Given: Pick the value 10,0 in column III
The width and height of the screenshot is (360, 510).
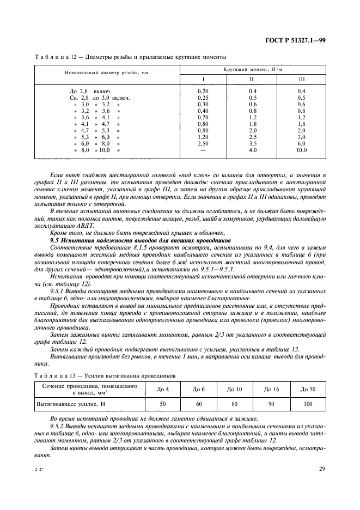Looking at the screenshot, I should [301, 150].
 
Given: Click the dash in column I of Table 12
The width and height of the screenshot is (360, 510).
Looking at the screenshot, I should [203, 150].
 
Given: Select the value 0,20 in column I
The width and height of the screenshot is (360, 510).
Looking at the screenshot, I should [203, 90].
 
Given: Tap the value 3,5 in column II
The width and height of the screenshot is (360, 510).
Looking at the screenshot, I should [253, 143].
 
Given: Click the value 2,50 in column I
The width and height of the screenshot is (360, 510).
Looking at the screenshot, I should [203, 143].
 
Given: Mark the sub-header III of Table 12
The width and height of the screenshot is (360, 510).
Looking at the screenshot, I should [301, 80].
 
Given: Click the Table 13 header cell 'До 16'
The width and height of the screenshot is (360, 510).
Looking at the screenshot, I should [271, 389].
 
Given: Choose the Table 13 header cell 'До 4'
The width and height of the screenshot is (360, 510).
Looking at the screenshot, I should [163, 389].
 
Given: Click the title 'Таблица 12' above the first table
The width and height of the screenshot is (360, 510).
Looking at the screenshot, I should [56, 57].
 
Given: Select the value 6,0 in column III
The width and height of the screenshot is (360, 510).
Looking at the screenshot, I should [301, 143].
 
